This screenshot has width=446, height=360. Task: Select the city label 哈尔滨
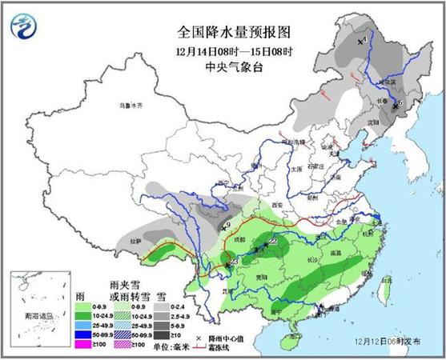(x=386, y=81)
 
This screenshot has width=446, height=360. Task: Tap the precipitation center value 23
(x=233, y=262)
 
